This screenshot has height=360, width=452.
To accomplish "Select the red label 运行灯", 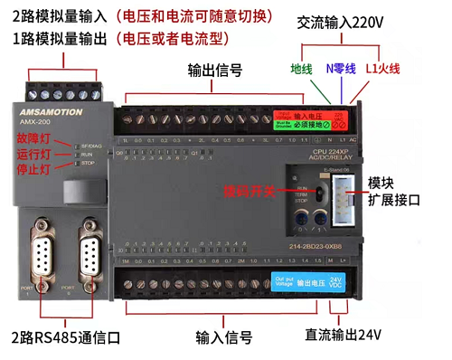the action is tap(32, 154).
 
